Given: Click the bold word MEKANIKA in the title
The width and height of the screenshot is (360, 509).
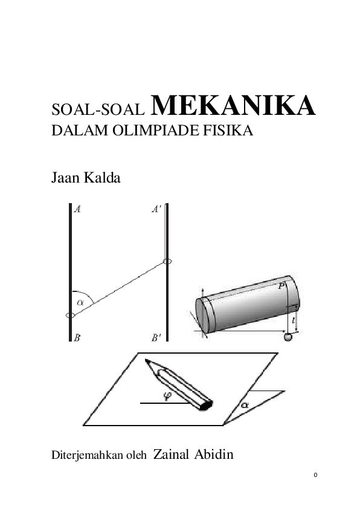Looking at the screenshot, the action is pyautogui.click(x=233, y=106).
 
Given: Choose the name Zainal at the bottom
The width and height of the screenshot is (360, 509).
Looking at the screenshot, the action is pyautogui.click(x=171, y=454).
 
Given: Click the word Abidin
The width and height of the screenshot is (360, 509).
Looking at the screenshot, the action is pyautogui.click(x=214, y=454).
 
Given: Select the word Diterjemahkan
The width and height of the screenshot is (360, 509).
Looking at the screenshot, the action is pyautogui.click(x=87, y=455).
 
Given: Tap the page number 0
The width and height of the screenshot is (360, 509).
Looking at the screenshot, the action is pyautogui.click(x=315, y=475).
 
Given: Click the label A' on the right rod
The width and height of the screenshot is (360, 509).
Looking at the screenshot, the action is pyautogui.click(x=156, y=209).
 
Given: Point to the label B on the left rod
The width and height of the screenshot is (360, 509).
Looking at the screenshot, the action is pyautogui.click(x=77, y=338).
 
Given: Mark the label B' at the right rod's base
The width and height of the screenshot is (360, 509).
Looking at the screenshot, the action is pyautogui.click(x=156, y=338).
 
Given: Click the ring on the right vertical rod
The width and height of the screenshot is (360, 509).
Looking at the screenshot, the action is pyautogui.click(x=167, y=261).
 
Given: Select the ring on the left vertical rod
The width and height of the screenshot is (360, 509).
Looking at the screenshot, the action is pyautogui.click(x=71, y=315).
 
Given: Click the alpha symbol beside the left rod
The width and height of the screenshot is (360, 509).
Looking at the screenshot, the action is pyautogui.click(x=80, y=302).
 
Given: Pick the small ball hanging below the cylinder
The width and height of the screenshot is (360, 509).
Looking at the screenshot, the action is pyautogui.click(x=288, y=337).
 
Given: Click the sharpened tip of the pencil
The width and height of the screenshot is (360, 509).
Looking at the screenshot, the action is pyautogui.click(x=146, y=360).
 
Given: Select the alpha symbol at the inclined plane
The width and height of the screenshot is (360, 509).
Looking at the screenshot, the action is pyautogui.click(x=244, y=405).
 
